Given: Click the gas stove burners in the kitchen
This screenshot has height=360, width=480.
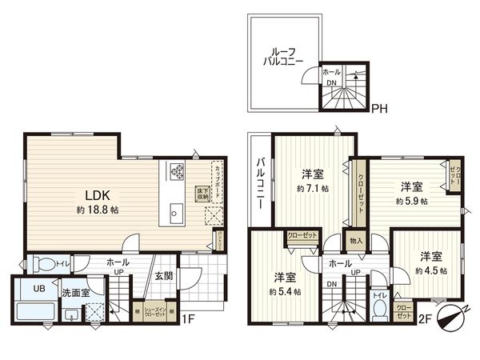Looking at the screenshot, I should [176, 170].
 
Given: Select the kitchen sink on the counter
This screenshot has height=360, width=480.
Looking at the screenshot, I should [176, 211].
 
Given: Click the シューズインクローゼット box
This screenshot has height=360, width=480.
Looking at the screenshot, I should [155, 314].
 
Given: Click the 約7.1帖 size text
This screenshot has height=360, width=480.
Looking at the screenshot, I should [312, 189].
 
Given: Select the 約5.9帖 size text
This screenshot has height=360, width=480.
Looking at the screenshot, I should [411, 202].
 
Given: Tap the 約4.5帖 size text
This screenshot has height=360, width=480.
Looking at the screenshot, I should [431, 270].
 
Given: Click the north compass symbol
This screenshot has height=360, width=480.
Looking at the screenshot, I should [451, 315].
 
